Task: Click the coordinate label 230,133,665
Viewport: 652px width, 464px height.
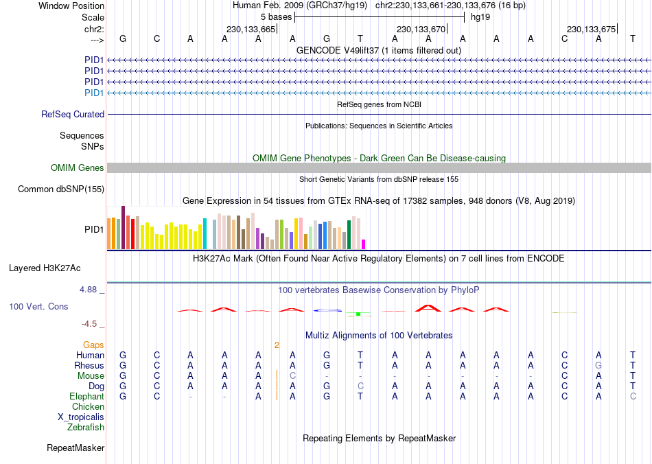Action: (x=251, y=29)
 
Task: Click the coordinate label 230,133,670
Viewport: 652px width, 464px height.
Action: (x=421, y=29)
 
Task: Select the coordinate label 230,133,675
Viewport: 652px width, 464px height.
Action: (x=591, y=29)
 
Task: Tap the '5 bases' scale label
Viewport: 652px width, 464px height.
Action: (x=276, y=16)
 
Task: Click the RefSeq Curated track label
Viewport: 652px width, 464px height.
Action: (x=73, y=115)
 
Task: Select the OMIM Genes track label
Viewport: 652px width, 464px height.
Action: (x=78, y=168)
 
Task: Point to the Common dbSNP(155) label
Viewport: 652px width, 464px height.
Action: (x=61, y=189)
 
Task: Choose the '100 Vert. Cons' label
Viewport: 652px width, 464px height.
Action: (x=38, y=307)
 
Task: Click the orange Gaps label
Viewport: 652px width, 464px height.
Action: (x=93, y=345)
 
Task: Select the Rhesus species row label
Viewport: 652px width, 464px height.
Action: (x=89, y=366)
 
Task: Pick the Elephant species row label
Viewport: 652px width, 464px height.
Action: (x=87, y=397)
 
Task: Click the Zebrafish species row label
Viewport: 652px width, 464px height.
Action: (x=86, y=428)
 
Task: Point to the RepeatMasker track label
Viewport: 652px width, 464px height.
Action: (x=75, y=448)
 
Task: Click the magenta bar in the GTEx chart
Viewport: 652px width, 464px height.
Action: (x=364, y=244)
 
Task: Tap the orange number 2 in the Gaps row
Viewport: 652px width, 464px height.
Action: (x=277, y=345)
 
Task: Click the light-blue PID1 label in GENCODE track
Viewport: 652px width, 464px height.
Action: (x=94, y=93)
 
